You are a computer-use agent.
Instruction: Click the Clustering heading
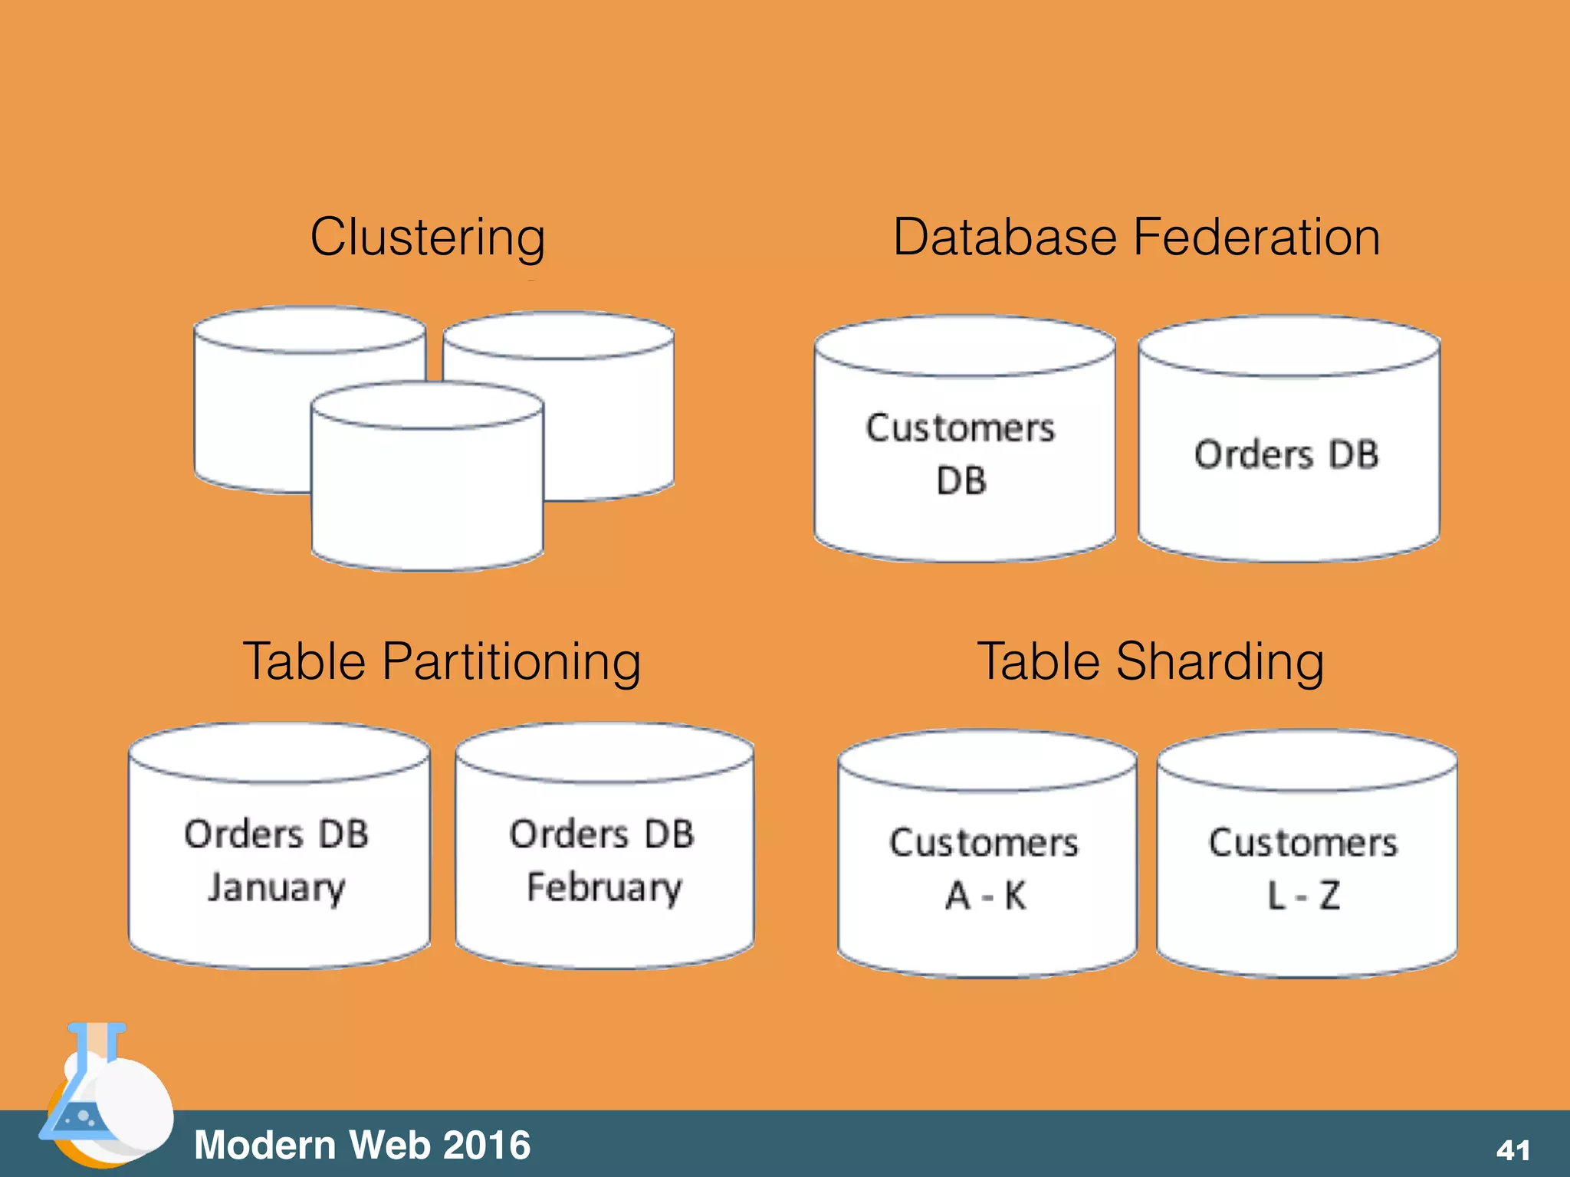[x=427, y=237]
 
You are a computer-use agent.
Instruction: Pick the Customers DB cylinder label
[x=961, y=454]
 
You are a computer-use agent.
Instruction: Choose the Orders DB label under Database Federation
[x=1286, y=454]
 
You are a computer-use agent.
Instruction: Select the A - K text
[x=985, y=895]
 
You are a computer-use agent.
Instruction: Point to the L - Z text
[x=1303, y=895]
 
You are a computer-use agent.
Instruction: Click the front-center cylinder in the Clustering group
[x=427, y=490]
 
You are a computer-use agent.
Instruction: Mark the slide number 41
[x=1513, y=1149]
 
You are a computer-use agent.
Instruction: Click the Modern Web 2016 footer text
[x=362, y=1145]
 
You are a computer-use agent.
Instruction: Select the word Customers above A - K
[x=984, y=843]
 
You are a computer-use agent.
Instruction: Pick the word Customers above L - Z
[x=1303, y=843]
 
